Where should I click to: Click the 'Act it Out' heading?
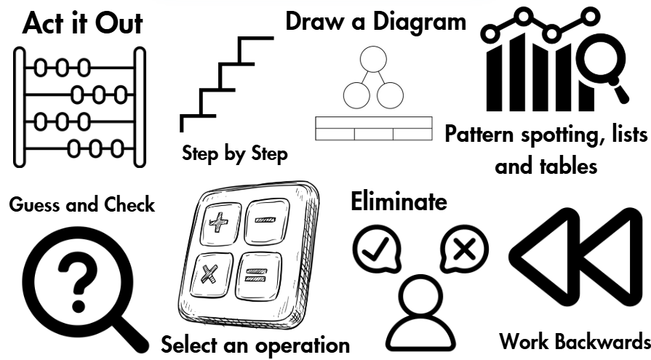[x=82, y=23]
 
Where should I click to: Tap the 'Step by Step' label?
[x=234, y=153]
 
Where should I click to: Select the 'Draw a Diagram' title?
[x=375, y=21]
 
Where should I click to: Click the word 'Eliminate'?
[x=399, y=201]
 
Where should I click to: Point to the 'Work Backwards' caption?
[x=574, y=342]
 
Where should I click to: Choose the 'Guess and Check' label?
[x=82, y=204]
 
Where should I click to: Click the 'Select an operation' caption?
[x=255, y=344]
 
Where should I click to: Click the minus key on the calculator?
[x=266, y=217]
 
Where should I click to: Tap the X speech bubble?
[x=463, y=249]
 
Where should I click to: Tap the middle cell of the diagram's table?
[x=373, y=134]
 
